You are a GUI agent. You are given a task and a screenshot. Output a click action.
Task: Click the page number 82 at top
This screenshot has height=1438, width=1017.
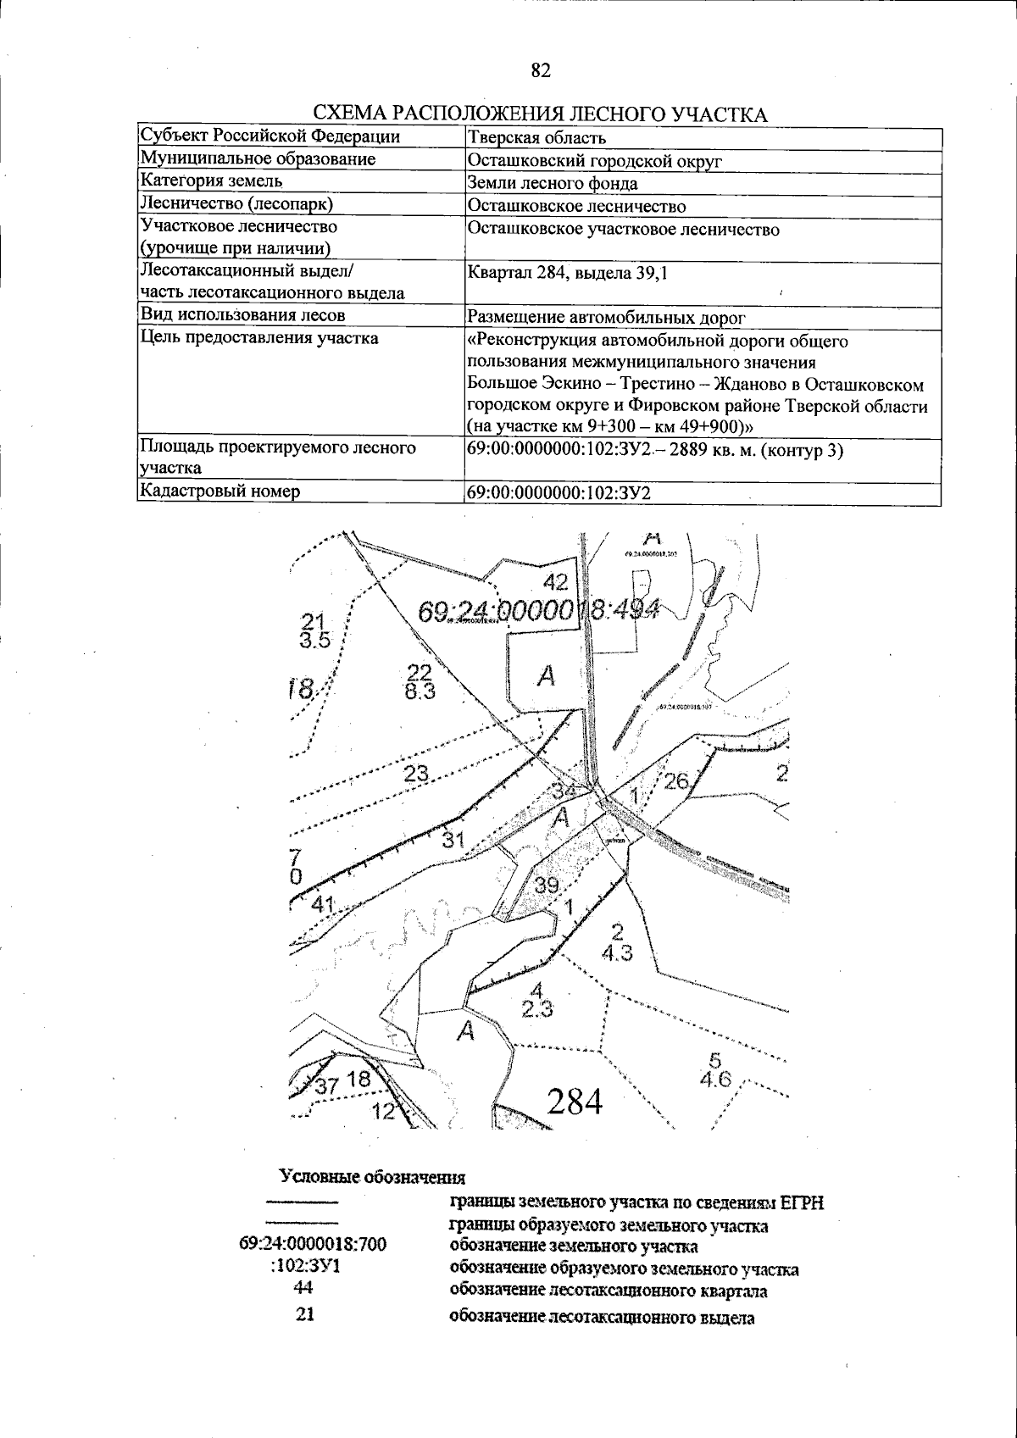click(541, 70)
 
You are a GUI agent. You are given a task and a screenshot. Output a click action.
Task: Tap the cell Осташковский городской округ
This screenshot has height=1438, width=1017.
click(594, 161)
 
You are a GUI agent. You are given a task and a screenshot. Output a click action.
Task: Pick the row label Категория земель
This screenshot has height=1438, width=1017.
click(212, 181)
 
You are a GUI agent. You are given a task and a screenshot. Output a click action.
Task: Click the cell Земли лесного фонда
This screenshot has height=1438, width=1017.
click(552, 184)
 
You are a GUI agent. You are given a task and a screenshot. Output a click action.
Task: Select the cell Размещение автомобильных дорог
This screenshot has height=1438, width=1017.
click(606, 318)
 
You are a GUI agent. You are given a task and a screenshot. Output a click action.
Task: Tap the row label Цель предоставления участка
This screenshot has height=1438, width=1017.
click(259, 339)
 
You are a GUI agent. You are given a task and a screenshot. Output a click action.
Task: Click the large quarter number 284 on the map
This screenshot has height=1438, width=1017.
click(575, 1102)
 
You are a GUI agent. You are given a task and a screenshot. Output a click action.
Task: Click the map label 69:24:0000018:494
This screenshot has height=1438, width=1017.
click(540, 610)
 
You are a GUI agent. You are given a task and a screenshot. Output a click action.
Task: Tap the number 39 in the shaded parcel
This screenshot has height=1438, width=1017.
click(547, 886)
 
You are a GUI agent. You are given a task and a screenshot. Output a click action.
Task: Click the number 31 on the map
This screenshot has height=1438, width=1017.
click(453, 841)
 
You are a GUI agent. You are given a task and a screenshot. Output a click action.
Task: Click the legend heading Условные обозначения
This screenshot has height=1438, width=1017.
click(373, 1177)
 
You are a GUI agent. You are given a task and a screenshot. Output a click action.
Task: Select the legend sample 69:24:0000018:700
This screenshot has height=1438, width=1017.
click(313, 1244)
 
